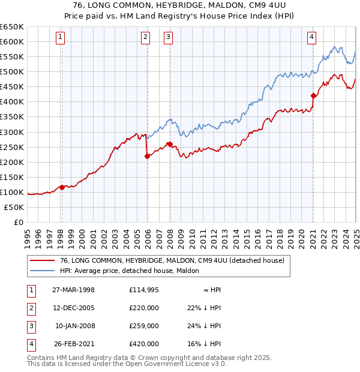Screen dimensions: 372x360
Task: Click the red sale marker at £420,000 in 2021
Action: (313, 95)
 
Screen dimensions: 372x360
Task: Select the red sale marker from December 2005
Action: (147, 156)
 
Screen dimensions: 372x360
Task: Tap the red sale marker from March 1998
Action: (62, 188)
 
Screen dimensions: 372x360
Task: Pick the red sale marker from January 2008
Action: (170, 144)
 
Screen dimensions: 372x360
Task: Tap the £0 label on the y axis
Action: (18, 222)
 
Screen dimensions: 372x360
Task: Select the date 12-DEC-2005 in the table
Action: (74, 308)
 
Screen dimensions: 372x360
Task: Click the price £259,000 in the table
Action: (144, 326)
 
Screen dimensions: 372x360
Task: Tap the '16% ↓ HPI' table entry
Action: (204, 344)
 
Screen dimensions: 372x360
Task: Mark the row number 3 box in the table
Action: (30, 326)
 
